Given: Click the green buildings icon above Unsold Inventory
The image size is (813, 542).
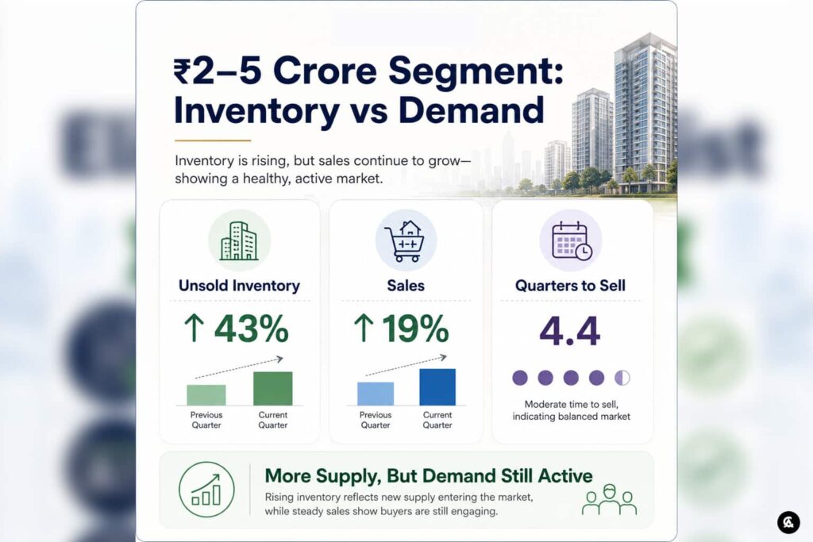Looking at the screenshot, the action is click(x=239, y=240).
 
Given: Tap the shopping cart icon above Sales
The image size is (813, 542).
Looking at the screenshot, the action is click(x=406, y=240).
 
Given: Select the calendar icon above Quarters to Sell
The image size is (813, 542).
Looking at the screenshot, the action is click(x=571, y=240).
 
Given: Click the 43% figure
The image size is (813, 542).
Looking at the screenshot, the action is click(x=252, y=329).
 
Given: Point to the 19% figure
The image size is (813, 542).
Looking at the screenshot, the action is click(x=415, y=329).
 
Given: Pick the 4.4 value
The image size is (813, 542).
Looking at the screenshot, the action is click(x=570, y=331).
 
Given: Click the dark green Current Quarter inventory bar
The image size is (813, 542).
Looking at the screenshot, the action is click(x=273, y=389).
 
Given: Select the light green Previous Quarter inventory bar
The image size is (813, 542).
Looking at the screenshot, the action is click(x=206, y=395).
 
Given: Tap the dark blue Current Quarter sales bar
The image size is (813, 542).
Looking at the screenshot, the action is click(x=437, y=387).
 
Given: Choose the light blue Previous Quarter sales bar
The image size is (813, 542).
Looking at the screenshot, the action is click(x=376, y=394).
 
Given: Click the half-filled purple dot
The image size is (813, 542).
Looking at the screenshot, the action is click(x=622, y=378).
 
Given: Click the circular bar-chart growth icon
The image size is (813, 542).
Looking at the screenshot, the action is click(x=206, y=490).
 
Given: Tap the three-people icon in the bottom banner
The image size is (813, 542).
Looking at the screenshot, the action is click(x=609, y=499).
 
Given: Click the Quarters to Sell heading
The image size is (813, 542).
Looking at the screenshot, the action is click(x=570, y=286).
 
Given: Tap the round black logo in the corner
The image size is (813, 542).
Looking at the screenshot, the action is click(x=788, y=522).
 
